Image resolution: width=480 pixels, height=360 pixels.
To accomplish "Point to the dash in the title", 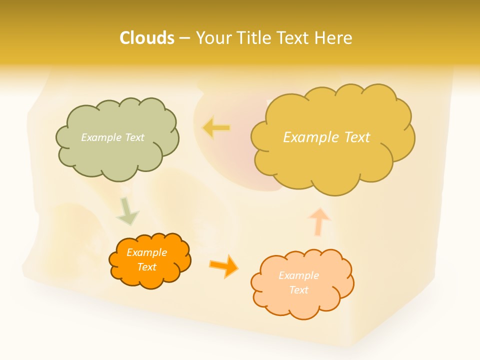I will [x=184, y=38].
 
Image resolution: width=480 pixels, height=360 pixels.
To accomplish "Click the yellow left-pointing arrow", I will [x=216, y=128].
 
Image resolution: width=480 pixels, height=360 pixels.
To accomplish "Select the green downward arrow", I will [x=127, y=211].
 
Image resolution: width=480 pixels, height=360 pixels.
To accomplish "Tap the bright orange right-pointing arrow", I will [x=224, y=265].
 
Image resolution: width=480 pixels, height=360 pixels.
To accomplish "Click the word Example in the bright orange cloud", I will [x=146, y=252].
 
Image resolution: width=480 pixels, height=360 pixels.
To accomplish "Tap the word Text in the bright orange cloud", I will [x=146, y=267].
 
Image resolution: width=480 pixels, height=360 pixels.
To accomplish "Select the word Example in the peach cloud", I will [x=298, y=275].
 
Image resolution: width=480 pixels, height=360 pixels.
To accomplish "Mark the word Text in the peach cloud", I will [x=298, y=290].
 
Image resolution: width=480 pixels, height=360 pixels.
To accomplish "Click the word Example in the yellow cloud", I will [x=306, y=137].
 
